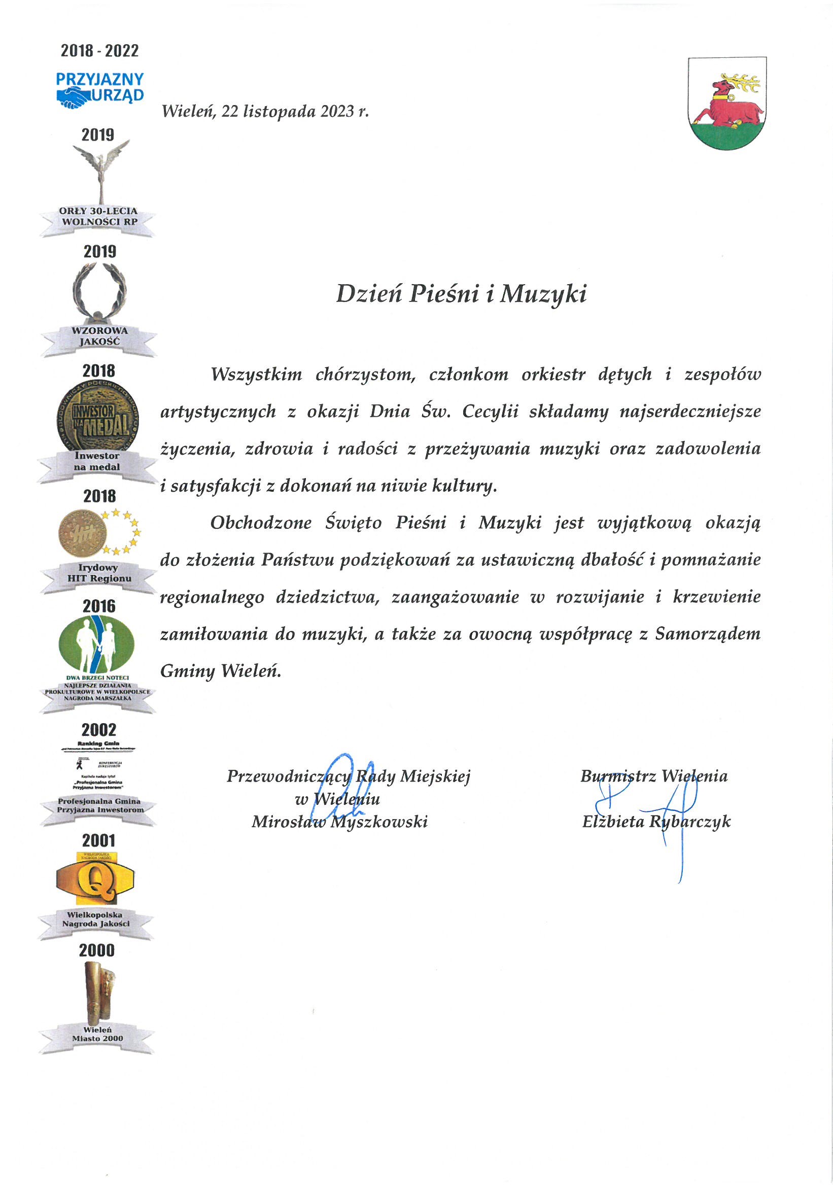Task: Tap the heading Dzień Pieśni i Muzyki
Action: point(461,294)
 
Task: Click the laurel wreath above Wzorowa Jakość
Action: point(99,291)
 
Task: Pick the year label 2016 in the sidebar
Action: point(99,606)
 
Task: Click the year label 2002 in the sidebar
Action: point(99,730)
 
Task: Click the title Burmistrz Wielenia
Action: point(653,776)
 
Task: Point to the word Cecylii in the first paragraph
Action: point(490,412)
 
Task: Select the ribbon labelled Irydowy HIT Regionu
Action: point(98,573)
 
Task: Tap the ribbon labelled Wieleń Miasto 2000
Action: point(97,1034)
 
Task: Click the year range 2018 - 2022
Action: point(99,51)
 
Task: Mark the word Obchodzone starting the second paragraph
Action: point(260,523)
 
